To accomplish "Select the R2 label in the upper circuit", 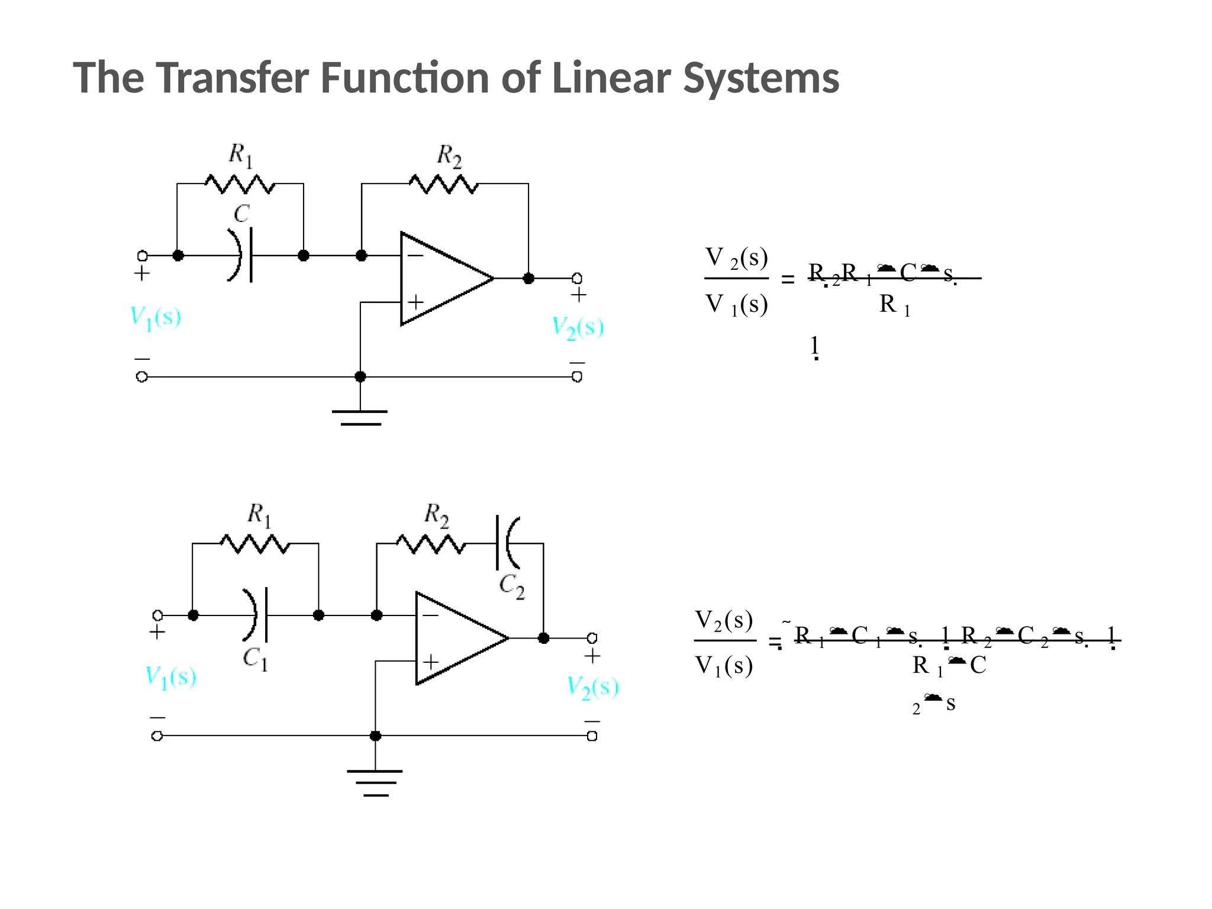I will point(449,156).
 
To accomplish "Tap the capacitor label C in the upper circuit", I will point(241,213).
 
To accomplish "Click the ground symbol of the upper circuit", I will point(360,417).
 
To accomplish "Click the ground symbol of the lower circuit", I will point(375,782).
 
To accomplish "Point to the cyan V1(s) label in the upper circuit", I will point(155,318).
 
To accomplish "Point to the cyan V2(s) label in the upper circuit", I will point(578,327).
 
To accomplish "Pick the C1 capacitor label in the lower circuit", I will point(256,658).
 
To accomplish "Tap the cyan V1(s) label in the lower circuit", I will point(170,677).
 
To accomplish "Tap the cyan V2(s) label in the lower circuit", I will point(592,686).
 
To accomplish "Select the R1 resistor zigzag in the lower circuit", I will point(255,543).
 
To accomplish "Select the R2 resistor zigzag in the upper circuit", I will point(444,184).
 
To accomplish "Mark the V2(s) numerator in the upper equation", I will point(736,259).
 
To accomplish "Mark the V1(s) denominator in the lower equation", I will point(724,666).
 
